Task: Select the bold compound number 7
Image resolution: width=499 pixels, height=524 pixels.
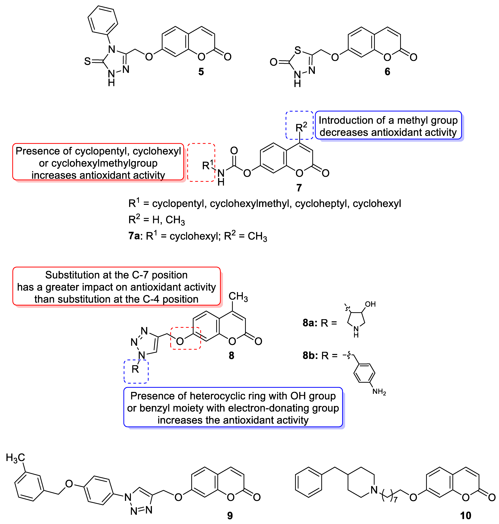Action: tap(299, 188)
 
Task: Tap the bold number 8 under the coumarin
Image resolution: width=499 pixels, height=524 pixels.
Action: tap(231, 355)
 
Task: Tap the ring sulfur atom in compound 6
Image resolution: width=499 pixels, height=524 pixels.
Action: tap(298, 50)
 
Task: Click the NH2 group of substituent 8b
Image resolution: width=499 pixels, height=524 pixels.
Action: tap(379, 392)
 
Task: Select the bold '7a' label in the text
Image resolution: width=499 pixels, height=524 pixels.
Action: tap(134, 236)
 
